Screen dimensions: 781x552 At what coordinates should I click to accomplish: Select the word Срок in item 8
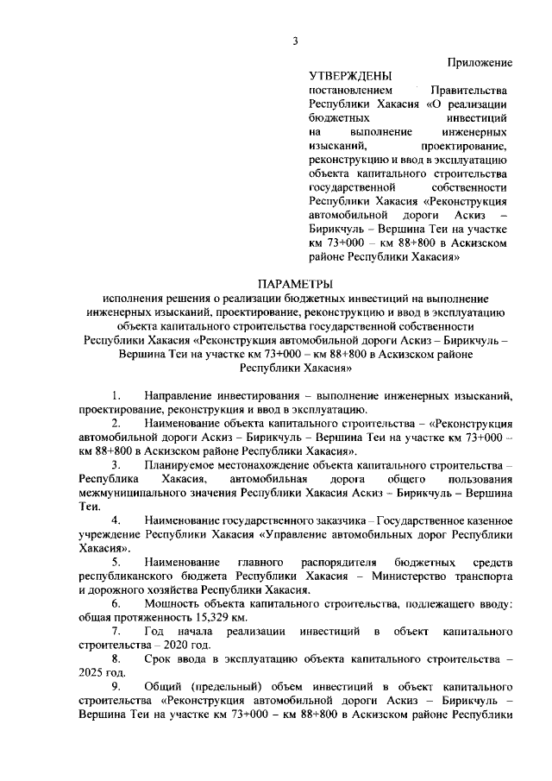tap(159, 659)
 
